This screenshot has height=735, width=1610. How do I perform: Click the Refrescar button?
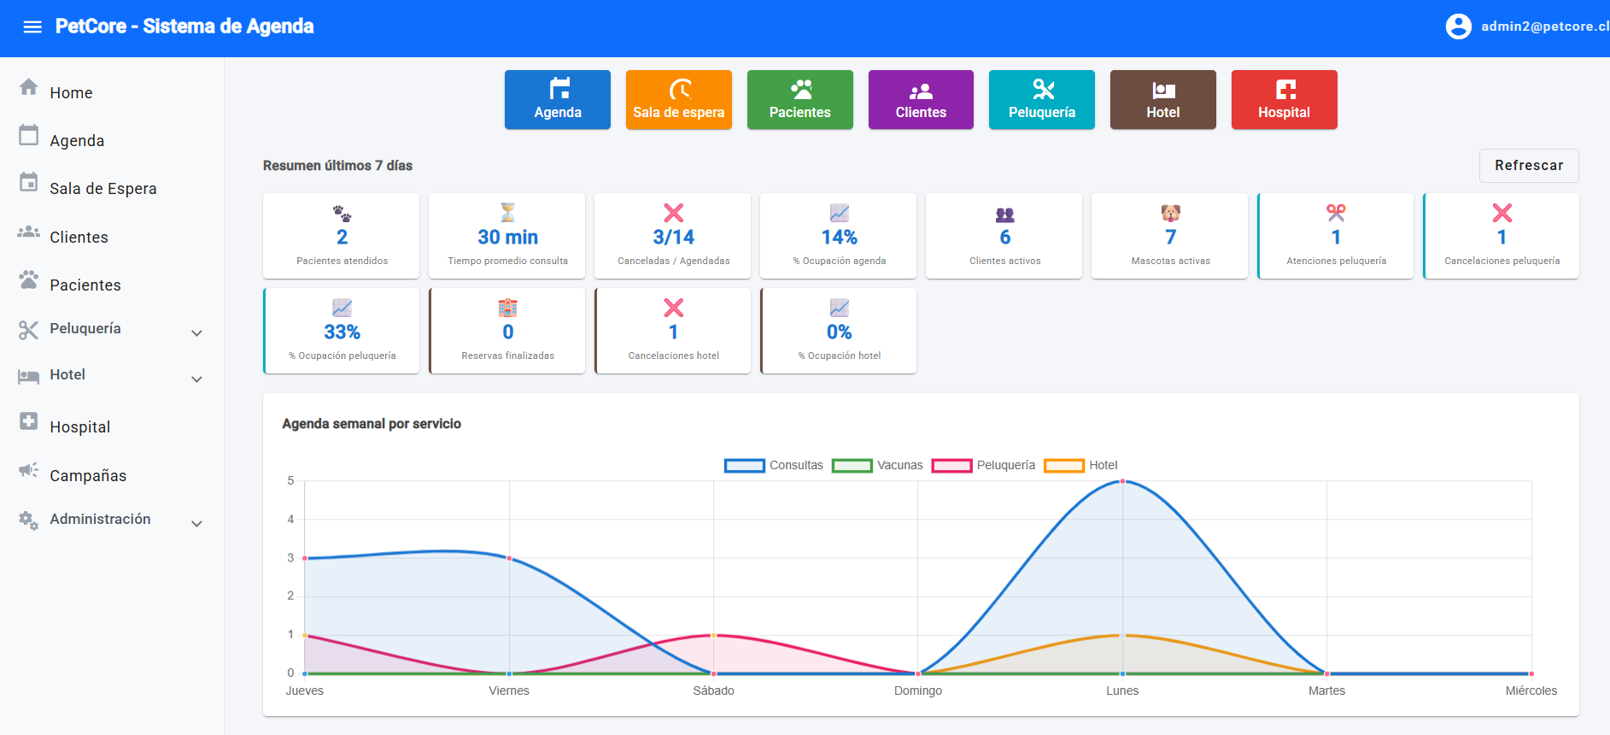[x=1529, y=166]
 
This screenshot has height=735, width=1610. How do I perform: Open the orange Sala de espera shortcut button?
[x=679, y=100]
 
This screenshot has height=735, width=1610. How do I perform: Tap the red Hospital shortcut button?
[x=1285, y=100]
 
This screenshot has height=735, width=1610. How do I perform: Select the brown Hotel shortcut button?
[x=1163, y=100]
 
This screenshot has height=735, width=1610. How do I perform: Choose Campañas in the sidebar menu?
[x=88, y=475]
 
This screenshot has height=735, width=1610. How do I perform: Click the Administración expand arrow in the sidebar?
[x=197, y=524]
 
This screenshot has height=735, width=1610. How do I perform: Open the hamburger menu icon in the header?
[x=32, y=27]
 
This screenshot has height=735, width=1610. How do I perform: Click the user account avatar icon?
[x=1459, y=26]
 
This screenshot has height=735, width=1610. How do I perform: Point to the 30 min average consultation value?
[x=508, y=238]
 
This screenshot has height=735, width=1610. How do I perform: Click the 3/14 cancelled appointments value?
[x=674, y=238]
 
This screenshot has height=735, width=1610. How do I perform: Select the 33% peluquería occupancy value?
[x=342, y=332]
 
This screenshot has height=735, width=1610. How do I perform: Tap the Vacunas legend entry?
[x=878, y=466]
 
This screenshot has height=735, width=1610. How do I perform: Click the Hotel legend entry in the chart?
[x=1081, y=466]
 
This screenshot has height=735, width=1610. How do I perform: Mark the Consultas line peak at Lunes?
[x=1122, y=481]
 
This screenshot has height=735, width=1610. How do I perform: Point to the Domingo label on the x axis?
[x=918, y=691]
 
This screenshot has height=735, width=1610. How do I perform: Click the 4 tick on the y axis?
[x=290, y=520]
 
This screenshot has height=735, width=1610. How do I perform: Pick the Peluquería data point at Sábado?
[x=714, y=635]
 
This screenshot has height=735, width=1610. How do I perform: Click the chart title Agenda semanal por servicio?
[x=372, y=424]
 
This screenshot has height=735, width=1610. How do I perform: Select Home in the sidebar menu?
[x=71, y=92]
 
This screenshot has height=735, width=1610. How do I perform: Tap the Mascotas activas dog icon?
[x=1171, y=213]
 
